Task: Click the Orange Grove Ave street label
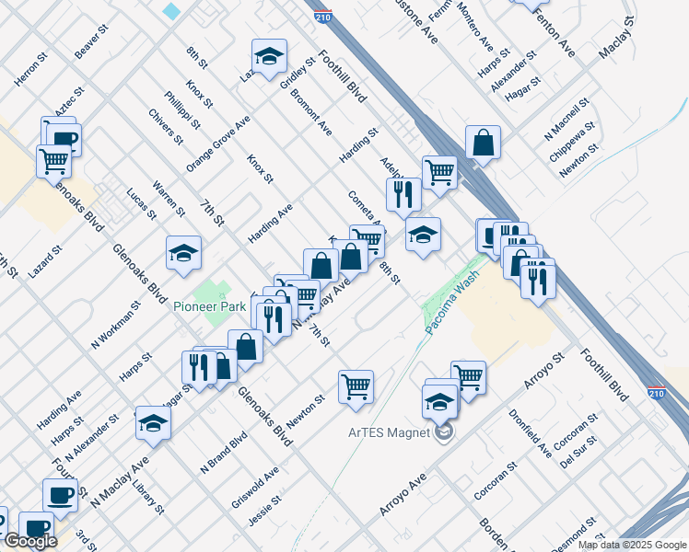pos(217,144)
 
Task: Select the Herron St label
pos(29,69)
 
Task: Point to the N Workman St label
pos(114,326)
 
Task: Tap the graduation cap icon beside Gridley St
pos(269,56)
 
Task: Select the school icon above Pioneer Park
pos(183,253)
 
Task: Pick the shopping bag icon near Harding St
pos(483,142)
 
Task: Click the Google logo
pos(29,542)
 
